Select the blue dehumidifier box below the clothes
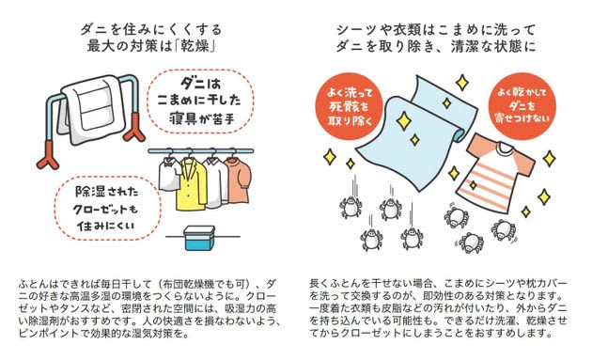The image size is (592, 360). [199, 239]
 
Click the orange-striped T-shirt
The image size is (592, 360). [499, 170]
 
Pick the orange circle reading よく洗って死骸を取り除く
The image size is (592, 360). [350, 106]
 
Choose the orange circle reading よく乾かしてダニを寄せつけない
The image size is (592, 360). [522, 106]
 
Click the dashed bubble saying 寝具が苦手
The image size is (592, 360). [200, 102]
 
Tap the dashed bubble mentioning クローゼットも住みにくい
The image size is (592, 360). [107, 208]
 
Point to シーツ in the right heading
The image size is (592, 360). [357, 29]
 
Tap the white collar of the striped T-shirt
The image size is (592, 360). [503, 149]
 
